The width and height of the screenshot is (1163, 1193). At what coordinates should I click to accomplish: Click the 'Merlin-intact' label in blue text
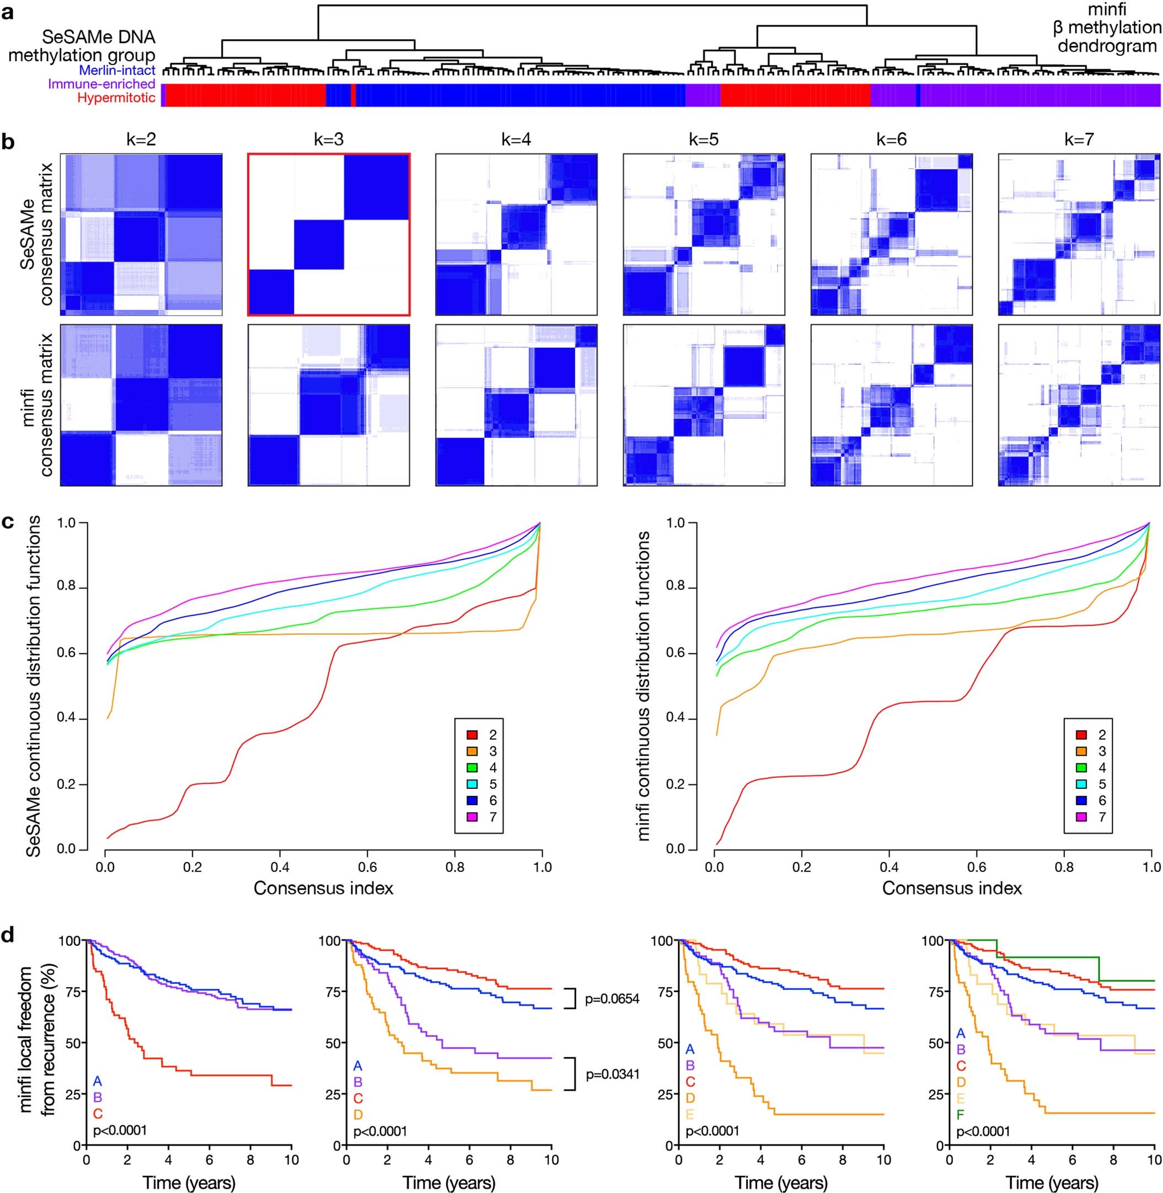(x=117, y=70)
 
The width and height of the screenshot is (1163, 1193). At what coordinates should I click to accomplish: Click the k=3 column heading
(x=329, y=140)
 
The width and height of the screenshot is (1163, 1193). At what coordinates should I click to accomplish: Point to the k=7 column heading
(x=1079, y=140)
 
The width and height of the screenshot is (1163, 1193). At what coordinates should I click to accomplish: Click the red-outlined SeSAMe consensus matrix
(x=329, y=234)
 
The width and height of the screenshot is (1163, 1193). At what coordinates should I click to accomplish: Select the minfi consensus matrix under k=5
(x=704, y=404)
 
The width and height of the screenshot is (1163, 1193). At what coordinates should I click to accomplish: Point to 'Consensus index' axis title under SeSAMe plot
(x=323, y=887)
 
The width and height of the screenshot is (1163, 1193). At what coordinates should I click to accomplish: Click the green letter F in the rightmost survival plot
(x=960, y=1115)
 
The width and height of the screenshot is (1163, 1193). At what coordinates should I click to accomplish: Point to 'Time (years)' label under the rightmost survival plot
(x=1052, y=1183)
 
